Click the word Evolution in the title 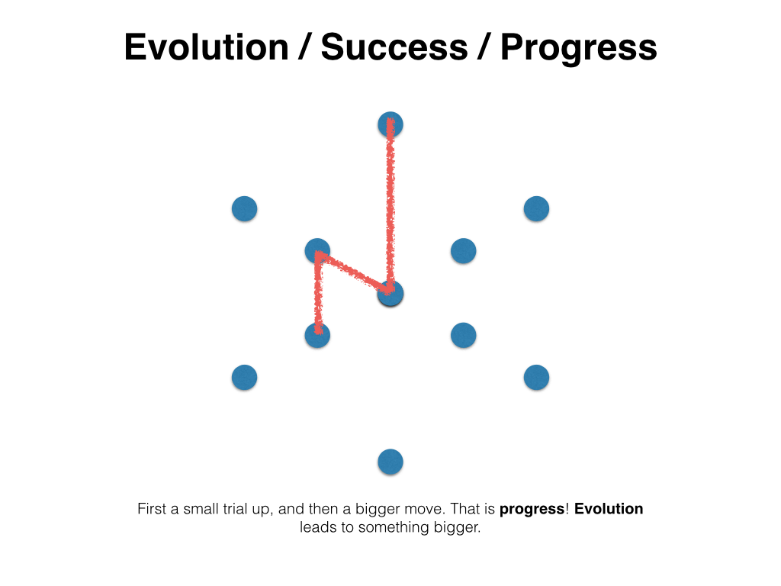(206, 47)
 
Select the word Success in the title (394, 47)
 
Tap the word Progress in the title (579, 49)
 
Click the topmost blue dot (390, 124)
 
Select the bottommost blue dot (390, 462)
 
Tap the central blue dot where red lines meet (390, 294)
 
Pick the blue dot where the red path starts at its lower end (317, 336)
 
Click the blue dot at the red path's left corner (317, 250)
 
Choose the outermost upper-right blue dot (536, 209)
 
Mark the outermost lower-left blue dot (245, 377)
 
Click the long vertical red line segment (390, 204)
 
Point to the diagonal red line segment (354, 272)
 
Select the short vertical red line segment (318, 294)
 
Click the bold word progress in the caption (532, 510)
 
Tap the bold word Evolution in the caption (609, 509)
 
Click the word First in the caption (152, 509)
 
